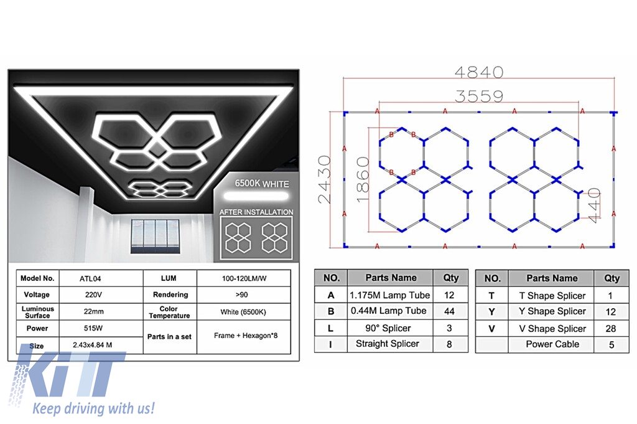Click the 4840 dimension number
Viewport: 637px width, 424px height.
[x=479, y=72]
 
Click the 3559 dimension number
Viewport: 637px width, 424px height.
[x=479, y=97]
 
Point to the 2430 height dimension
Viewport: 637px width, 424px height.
[x=325, y=179]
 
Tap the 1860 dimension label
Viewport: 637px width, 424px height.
[x=363, y=179]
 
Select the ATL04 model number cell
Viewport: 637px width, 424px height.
[x=90, y=279]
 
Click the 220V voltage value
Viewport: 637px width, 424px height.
[x=93, y=294]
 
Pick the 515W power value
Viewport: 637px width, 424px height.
[x=93, y=328]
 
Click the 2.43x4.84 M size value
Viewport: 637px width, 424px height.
[x=92, y=345]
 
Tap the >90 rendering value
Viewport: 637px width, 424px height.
[x=242, y=294]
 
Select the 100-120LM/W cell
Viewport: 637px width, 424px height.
[x=244, y=279]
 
